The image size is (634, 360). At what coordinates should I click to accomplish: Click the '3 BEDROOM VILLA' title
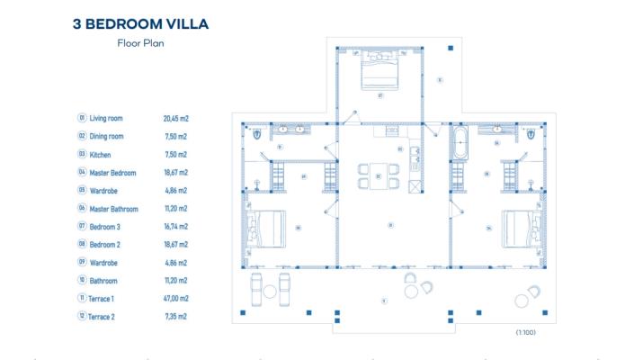[140, 23]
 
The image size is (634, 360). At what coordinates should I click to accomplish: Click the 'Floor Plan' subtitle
[140, 43]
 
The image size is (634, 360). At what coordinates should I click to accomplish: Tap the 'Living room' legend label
[106, 118]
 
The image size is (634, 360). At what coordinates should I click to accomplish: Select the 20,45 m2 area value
[176, 118]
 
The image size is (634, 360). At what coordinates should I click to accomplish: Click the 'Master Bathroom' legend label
[113, 208]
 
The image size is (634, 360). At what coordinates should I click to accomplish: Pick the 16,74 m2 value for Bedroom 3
[175, 226]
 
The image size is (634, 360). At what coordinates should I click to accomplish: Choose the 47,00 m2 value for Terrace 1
[176, 298]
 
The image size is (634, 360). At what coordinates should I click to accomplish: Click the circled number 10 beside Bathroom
[82, 280]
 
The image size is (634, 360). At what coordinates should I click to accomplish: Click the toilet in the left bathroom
[258, 134]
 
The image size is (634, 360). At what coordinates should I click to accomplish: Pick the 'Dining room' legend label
[107, 136]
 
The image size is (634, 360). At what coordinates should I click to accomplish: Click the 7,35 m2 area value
[175, 316]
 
